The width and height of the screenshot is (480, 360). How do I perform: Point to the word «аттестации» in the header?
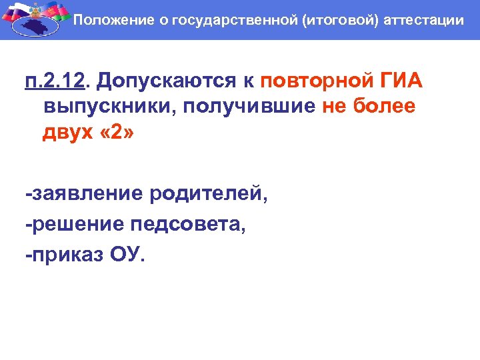(x=424, y=20)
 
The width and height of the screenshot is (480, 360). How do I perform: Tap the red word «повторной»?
(x=310, y=81)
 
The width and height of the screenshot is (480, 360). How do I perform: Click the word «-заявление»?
(x=84, y=194)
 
